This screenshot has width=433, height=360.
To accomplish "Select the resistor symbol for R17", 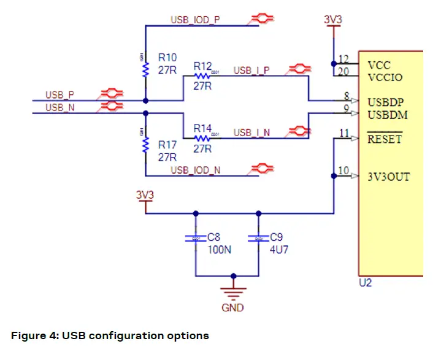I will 145,145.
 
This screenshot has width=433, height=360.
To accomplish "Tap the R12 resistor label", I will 202,65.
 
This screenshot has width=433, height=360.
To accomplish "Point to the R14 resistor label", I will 202,129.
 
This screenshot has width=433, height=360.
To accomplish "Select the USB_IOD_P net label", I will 195,20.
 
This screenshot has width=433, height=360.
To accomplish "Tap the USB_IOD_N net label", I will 195,170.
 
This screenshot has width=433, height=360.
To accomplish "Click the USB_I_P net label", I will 251,71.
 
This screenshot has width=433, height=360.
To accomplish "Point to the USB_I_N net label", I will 251,132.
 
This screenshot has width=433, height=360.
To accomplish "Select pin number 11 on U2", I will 343,133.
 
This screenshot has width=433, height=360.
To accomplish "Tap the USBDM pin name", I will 388,115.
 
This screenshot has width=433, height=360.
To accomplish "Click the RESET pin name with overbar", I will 385,139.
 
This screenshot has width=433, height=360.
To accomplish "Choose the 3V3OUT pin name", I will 389,177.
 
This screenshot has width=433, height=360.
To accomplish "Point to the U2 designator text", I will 365,284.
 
